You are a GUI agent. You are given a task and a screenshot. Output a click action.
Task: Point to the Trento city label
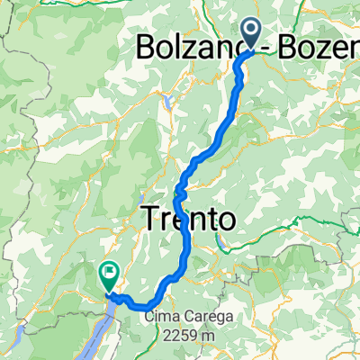[x=189, y=218]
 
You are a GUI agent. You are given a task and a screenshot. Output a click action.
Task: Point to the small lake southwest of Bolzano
[x=169, y=102]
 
